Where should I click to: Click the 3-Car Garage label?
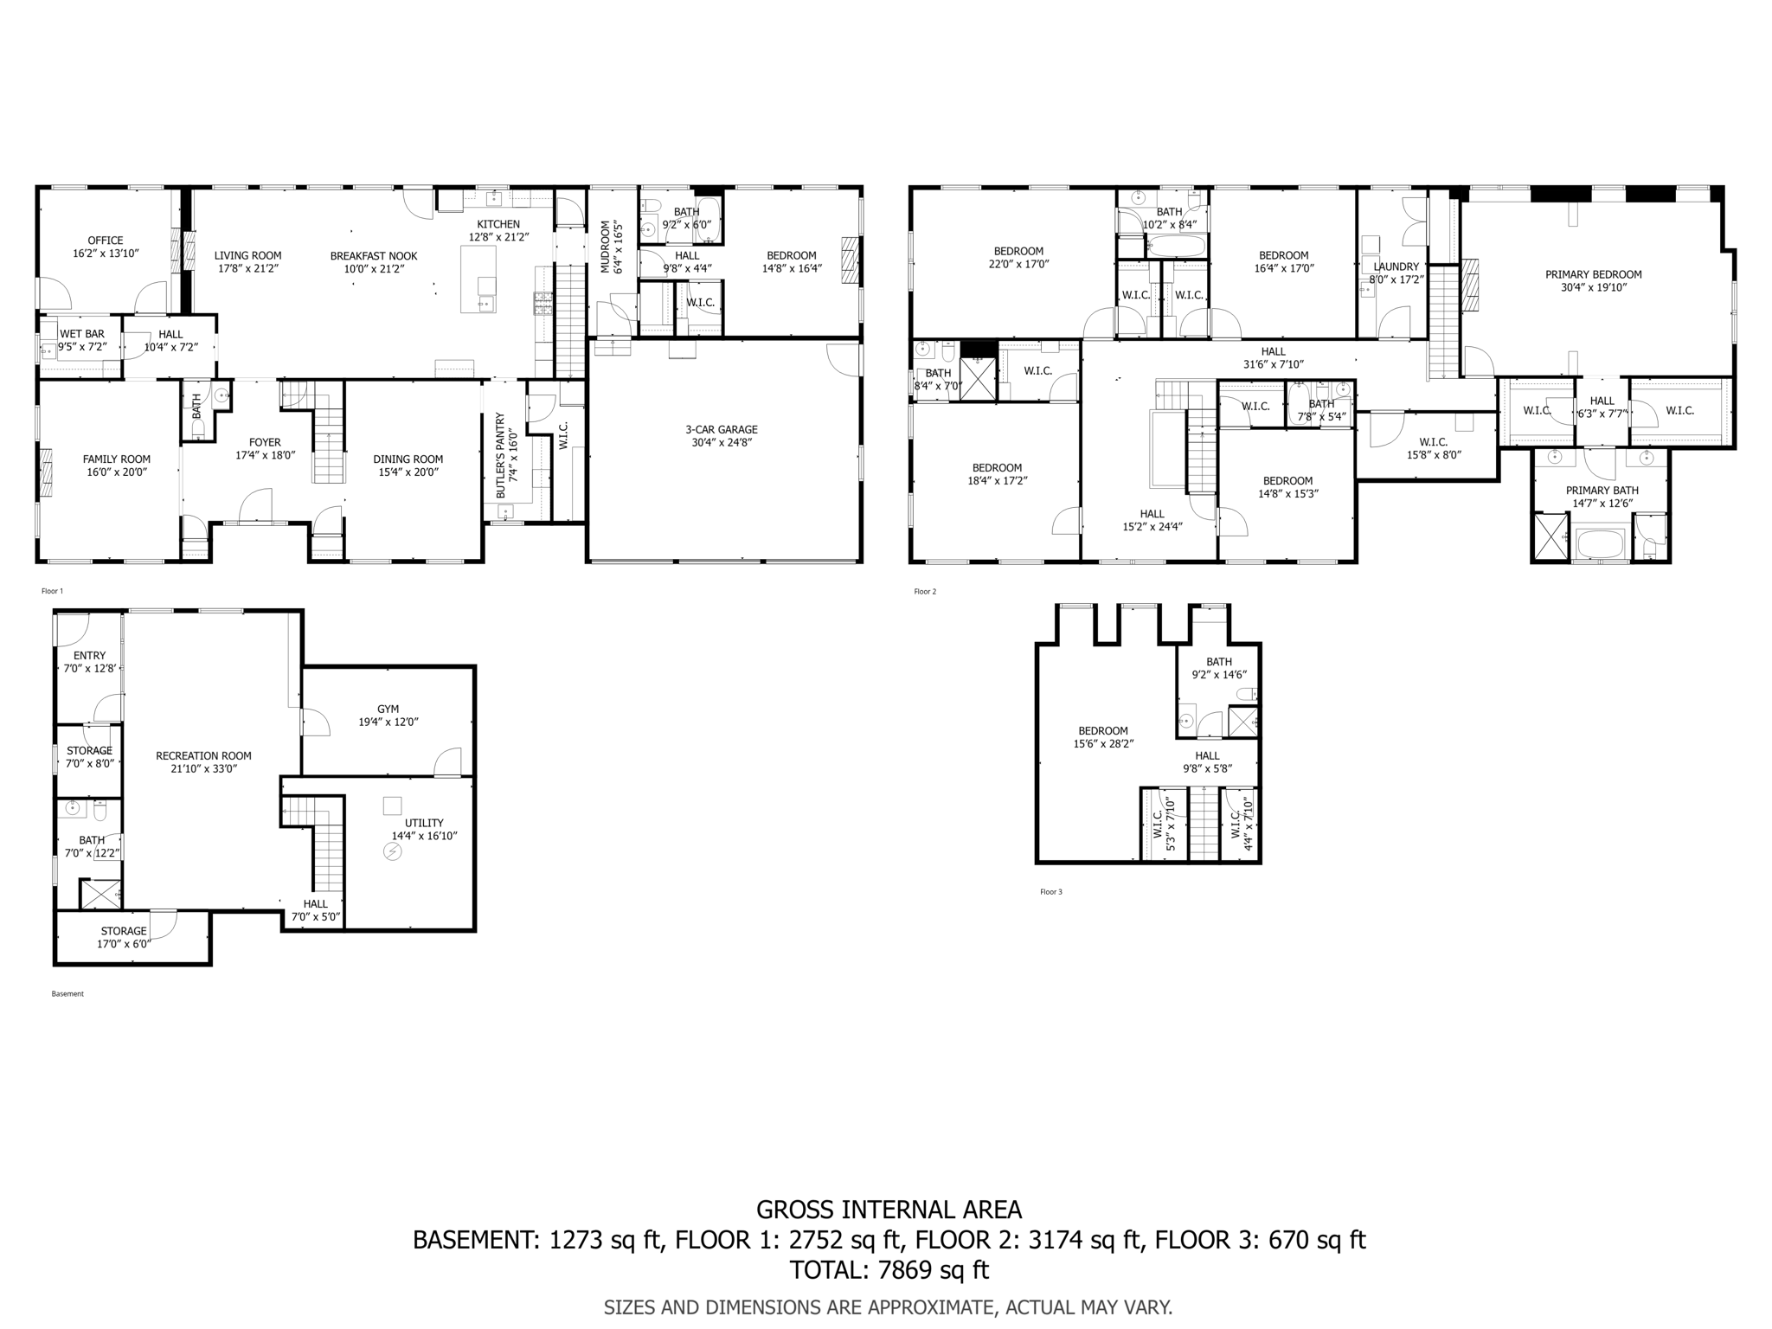pos(722,429)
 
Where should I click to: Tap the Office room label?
pos(106,241)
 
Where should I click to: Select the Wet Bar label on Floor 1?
pos(82,334)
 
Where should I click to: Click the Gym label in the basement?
pos(388,709)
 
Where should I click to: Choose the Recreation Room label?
pos(203,755)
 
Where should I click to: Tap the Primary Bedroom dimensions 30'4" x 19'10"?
pos(1594,287)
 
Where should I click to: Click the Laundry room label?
pos(1396,266)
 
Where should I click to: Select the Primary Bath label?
pos(1602,491)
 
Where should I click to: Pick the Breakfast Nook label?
pos(374,256)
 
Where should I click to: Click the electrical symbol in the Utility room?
pos(392,852)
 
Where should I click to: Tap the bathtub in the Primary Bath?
pos(1601,545)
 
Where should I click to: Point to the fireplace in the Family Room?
pos(47,472)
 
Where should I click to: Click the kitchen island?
pos(478,279)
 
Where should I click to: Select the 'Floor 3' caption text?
pos(1050,892)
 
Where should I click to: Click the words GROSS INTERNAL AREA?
pos(889,1210)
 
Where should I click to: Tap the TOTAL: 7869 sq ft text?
pos(889,1270)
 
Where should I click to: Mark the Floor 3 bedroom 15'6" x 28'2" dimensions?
pos(1103,743)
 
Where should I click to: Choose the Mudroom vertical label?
pos(612,247)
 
